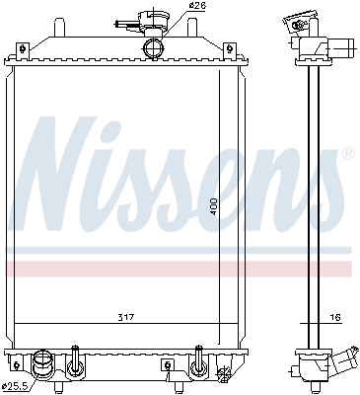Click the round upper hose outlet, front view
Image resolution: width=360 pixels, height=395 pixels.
(x=153, y=48)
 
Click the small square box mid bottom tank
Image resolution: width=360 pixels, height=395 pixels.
(x=168, y=365)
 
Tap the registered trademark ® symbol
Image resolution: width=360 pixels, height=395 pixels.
(x=346, y=155)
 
